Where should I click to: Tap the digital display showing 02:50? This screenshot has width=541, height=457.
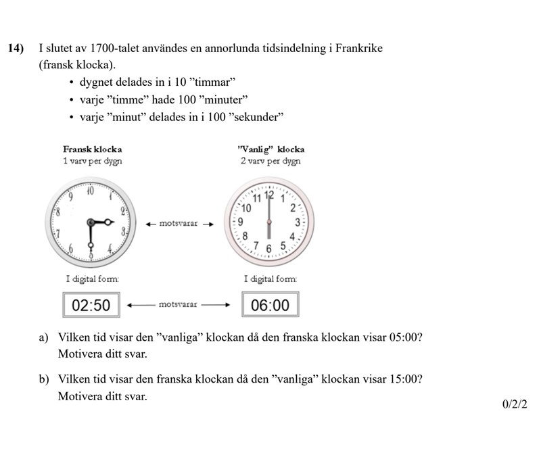(91, 305)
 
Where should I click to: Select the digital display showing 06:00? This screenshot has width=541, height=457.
(270, 305)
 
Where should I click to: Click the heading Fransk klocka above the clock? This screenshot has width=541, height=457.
(92, 149)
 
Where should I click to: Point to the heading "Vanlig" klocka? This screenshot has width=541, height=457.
(271, 149)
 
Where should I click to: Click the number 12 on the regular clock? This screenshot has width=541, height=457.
(269, 195)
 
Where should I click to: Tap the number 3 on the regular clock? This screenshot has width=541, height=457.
(297, 221)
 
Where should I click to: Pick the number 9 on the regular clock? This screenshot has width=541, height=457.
(240, 221)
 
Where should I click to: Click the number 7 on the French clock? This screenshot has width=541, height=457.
(59, 233)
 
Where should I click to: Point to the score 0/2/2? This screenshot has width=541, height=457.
(515, 404)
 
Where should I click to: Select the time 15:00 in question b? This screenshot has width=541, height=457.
(406, 379)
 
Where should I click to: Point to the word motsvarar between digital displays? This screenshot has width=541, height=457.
(178, 304)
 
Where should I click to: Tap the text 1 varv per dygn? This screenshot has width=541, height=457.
(92, 161)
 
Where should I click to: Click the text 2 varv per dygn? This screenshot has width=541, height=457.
(270, 161)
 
